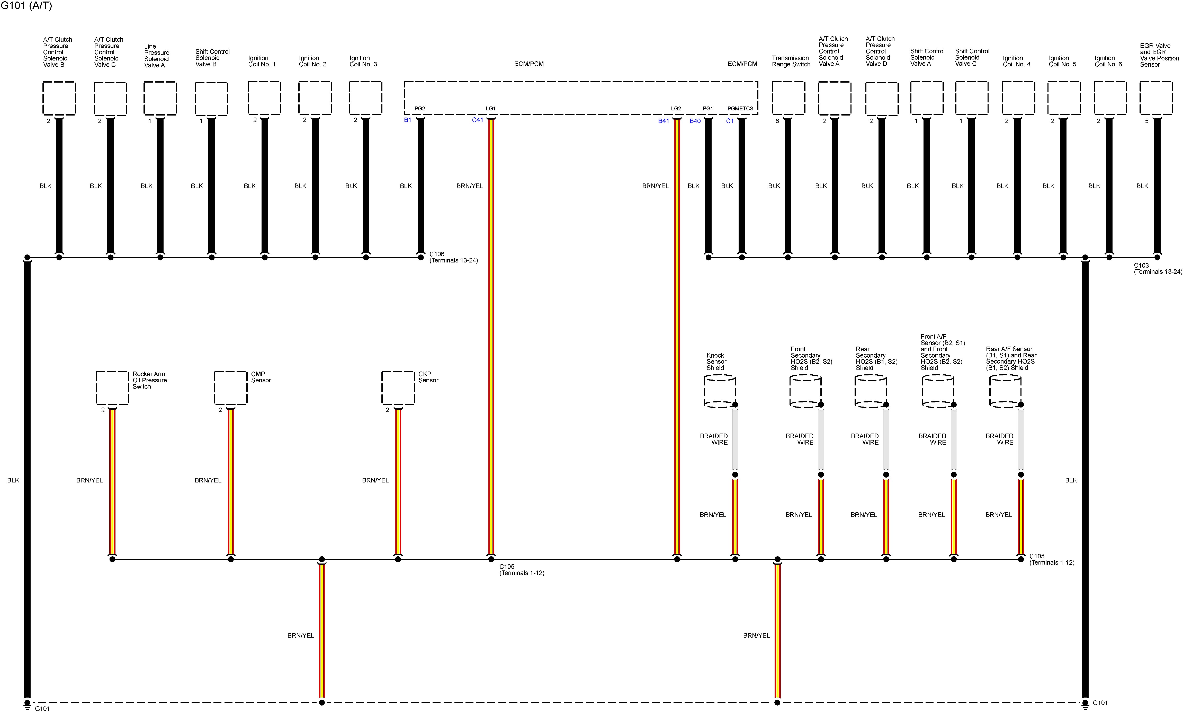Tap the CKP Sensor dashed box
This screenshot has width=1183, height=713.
coord(398,388)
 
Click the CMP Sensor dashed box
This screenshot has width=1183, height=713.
coord(230,388)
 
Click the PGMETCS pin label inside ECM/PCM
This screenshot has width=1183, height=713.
coord(740,109)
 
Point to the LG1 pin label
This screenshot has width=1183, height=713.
coord(491,109)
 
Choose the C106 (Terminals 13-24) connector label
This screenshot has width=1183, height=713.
coord(453,257)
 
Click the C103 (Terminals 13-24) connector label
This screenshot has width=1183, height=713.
coord(1158,269)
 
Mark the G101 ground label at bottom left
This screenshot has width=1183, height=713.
coord(42,708)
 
